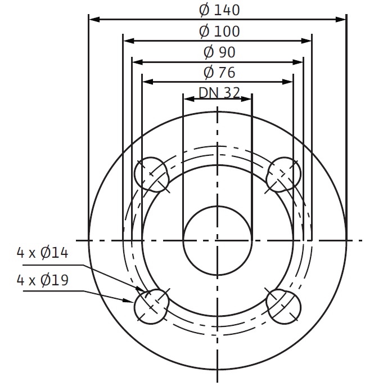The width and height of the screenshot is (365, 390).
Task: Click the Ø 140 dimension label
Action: click(219, 11)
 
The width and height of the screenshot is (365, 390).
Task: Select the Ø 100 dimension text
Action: click(219, 32)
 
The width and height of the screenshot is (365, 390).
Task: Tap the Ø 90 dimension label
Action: click(219, 52)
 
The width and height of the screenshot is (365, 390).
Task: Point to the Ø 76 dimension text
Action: click(219, 73)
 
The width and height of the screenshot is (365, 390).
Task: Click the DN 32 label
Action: click(219, 92)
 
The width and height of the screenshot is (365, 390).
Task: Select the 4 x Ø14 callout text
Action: click(42, 253)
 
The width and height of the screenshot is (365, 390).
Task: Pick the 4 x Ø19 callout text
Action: click(42, 280)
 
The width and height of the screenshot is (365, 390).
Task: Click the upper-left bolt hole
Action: click(151, 174)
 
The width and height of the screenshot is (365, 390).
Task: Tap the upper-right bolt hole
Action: click(283, 174)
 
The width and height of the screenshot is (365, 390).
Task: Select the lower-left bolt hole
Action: click(151, 306)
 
